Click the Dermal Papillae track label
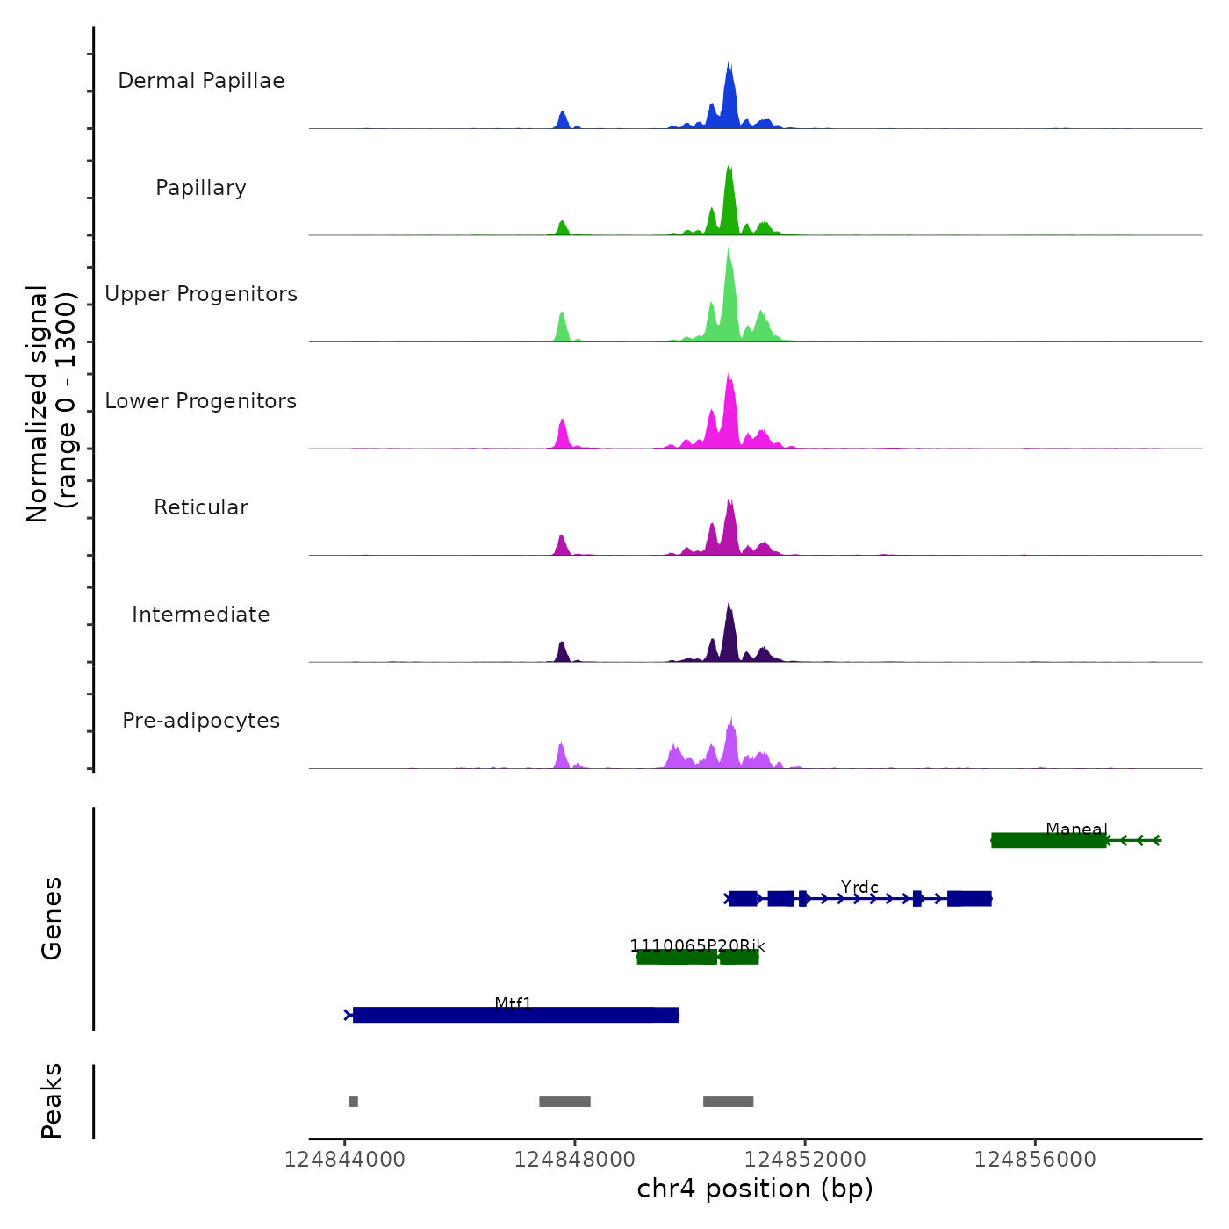(201, 81)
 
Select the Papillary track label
(201, 188)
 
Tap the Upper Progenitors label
(201, 294)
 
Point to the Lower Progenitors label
(201, 401)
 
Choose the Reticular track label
(201, 507)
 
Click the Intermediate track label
(201, 614)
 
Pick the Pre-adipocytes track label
(201, 721)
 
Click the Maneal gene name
(1076, 830)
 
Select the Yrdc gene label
(859, 888)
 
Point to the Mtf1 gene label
(514, 1003)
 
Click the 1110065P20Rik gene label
(697, 945)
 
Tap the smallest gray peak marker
(354, 1102)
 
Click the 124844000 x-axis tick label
(345, 1160)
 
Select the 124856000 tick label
(1035, 1160)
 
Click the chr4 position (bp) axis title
(755, 1189)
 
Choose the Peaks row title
(51, 1101)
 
